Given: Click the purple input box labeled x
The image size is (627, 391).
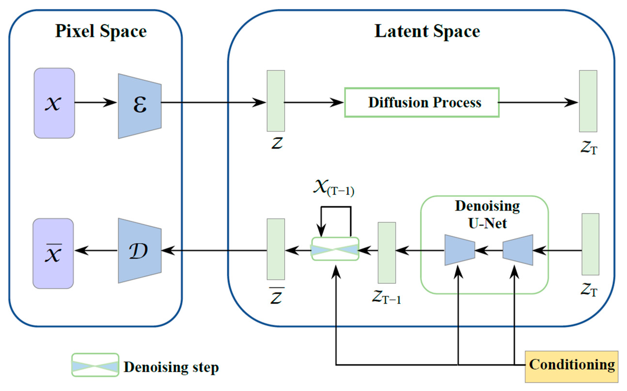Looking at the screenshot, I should point(54,103).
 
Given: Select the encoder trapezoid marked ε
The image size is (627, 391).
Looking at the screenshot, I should point(140,106).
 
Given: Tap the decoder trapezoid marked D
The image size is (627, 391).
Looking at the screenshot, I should point(140,251).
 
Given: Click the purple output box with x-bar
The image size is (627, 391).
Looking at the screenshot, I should point(53,253).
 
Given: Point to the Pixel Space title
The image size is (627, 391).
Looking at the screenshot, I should point(101,31).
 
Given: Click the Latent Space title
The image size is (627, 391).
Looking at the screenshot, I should point(427,31).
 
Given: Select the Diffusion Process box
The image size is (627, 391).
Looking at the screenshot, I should point(422,103).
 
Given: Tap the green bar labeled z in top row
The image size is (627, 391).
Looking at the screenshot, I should point(276,101).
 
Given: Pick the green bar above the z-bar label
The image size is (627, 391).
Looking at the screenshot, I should point(276,249).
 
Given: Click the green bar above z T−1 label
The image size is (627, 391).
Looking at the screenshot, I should point(387,253).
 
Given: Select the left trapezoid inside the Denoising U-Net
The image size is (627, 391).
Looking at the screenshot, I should point(459,250).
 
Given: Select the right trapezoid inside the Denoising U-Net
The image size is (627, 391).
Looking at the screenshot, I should point(518,250).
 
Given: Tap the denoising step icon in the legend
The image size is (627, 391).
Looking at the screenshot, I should point(95,365).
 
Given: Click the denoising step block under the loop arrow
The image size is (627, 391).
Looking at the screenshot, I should point(335,249).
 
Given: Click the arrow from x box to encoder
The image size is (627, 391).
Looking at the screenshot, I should point(96,103).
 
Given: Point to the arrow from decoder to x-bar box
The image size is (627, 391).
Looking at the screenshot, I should point(96,250).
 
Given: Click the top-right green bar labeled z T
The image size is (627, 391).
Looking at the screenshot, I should point(588,101).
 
